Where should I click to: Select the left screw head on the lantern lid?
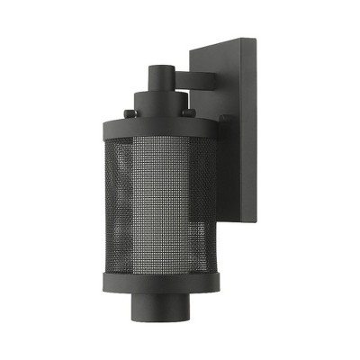click(129, 112)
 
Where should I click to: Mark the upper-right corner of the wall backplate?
click(255, 37)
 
